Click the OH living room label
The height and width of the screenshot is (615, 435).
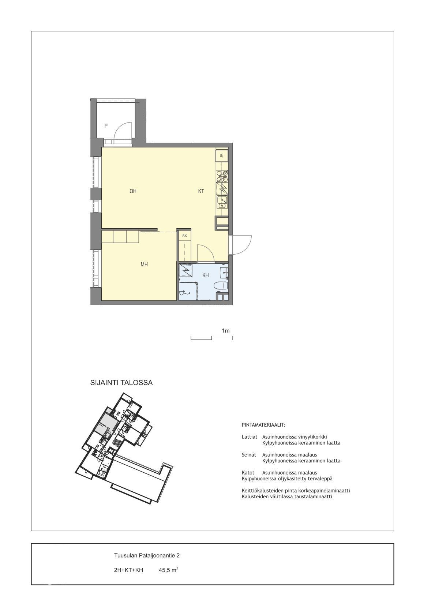point(133,191)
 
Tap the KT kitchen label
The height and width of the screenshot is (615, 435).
point(201,191)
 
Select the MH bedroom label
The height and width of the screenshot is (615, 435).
point(144,265)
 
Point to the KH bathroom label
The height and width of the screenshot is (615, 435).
point(205,275)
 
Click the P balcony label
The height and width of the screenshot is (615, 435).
point(106,126)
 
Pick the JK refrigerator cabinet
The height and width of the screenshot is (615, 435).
point(222,156)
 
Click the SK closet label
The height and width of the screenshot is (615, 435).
point(184,236)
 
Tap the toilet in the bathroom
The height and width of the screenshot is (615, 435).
point(222,285)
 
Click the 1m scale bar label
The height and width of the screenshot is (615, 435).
point(226,331)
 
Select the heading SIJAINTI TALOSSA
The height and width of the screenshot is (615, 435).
point(121,383)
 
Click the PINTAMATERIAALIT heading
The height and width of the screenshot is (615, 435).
point(264,425)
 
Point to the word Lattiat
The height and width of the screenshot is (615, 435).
point(250,437)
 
